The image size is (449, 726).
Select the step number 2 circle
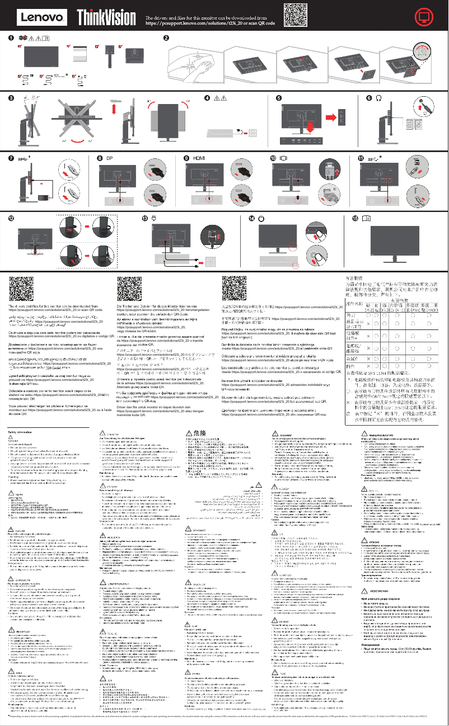pyautogui.click(x=166, y=38)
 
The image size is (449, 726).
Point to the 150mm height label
pyautogui.click(x=116, y=101)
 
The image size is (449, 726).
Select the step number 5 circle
pyautogui.click(x=279, y=97)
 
